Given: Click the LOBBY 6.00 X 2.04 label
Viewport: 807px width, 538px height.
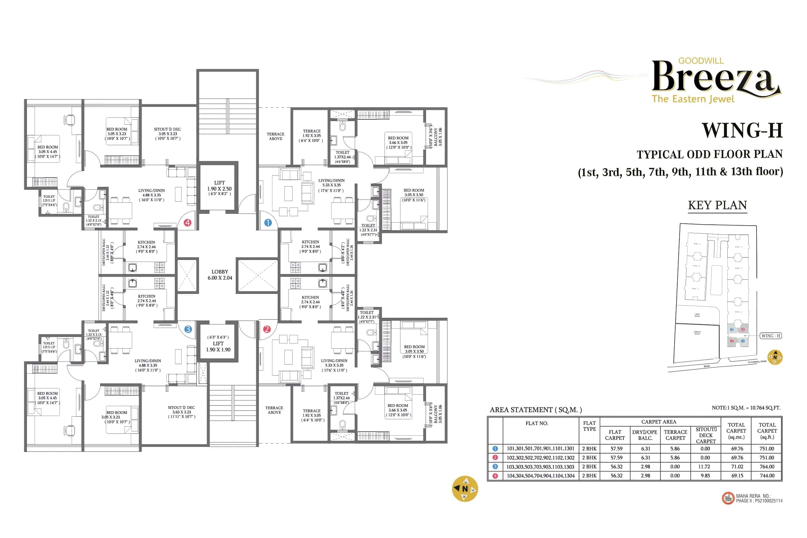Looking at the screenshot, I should [220, 274].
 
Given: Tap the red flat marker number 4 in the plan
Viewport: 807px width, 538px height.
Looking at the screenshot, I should [187, 223].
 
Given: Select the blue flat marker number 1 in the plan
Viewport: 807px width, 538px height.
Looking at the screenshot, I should [268, 223].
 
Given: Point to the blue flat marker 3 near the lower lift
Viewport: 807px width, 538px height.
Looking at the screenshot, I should [188, 329].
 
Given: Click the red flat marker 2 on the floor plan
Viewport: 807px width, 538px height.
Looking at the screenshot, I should [267, 329].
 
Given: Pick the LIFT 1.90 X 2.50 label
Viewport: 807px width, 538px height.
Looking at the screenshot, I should [219, 188].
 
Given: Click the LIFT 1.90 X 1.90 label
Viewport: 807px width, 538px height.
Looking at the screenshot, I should [218, 346].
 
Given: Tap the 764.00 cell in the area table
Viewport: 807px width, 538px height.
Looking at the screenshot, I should [767, 467].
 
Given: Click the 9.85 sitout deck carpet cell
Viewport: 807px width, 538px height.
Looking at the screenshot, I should [705, 475].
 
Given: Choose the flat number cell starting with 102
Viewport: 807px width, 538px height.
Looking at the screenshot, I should [540, 458].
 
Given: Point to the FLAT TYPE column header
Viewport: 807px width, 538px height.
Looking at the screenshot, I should [589, 426].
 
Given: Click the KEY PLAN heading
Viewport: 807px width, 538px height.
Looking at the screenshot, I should [718, 205].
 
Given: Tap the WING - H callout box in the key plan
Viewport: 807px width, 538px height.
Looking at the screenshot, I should [771, 336].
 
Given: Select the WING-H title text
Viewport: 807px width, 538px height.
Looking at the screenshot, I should [742, 130].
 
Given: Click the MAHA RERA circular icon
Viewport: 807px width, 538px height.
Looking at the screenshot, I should [728, 498].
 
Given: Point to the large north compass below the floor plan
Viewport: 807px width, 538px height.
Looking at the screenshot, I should [465, 489].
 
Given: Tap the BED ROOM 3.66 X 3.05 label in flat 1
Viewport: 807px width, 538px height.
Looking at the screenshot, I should [398, 142].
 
